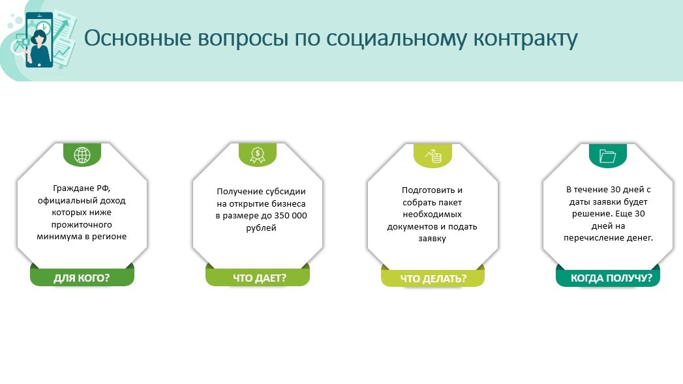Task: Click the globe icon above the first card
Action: (x=82, y=155)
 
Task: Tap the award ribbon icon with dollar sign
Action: (x=258, y=155)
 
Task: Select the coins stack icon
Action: (x=433, y=156)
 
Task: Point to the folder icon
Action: (x=607, y=156)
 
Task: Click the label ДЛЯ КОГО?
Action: (x=82, y=278)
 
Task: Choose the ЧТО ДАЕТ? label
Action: (x=260, y=278)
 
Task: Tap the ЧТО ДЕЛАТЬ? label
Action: (x=433, y=278)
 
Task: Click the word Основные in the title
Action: (x=138, y=38)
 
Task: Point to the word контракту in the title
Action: (x=525, y=39)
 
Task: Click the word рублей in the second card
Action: (x=261, y=228)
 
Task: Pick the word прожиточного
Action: (x=82, y=225)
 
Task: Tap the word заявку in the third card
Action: (x=432, y=239)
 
